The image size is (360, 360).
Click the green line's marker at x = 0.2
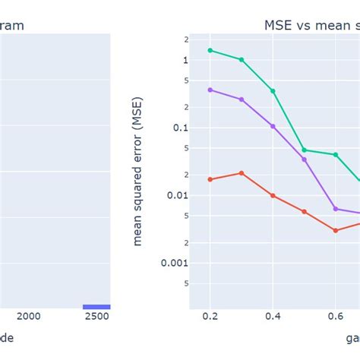210,50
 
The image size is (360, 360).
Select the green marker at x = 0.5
305,150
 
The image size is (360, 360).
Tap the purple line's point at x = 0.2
210,90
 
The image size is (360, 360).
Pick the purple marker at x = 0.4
273,126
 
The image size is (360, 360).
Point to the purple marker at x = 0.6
336,208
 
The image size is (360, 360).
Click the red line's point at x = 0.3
242,173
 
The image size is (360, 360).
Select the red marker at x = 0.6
336,230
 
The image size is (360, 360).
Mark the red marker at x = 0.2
210,179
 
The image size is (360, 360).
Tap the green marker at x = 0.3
242,59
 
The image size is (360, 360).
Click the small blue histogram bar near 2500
96,307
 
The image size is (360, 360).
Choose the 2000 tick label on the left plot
28,317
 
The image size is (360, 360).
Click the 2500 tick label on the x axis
96,317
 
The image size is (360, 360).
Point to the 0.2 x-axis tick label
210,317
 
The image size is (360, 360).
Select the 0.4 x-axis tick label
273,317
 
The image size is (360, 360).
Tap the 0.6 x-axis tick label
336,317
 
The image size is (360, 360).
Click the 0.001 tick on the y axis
175,263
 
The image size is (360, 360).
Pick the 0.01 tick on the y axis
177,195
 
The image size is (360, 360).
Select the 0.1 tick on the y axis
179,128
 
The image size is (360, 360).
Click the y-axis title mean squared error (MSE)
138,172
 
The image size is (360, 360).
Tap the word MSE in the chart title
279,25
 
